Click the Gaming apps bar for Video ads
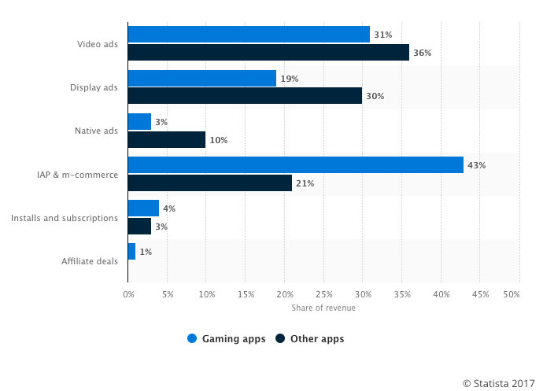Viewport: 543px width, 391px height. coord(249,35)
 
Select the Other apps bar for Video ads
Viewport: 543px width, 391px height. coord(268,53)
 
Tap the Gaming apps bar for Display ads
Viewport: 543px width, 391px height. coord(202,79)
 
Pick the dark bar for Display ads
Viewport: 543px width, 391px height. coord(245,96)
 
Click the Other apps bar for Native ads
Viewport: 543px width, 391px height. coord(167,139)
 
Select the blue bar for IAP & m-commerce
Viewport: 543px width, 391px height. coord(296,165)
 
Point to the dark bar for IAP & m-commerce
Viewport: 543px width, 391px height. coord(210,183)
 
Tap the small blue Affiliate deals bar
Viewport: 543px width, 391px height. coord(132,252)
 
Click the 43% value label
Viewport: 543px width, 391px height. coord(476,165)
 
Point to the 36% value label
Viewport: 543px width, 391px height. coord(422,53)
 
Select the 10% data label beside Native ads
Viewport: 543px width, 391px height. coord(219,139)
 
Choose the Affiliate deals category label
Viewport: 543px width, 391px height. coord(90,260)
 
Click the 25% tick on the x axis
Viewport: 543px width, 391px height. coord(323,294)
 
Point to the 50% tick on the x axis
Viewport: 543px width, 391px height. coord(511,294)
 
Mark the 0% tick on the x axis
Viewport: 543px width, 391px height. coord(129,294)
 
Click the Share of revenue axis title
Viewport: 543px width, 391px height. coord(323,308)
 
